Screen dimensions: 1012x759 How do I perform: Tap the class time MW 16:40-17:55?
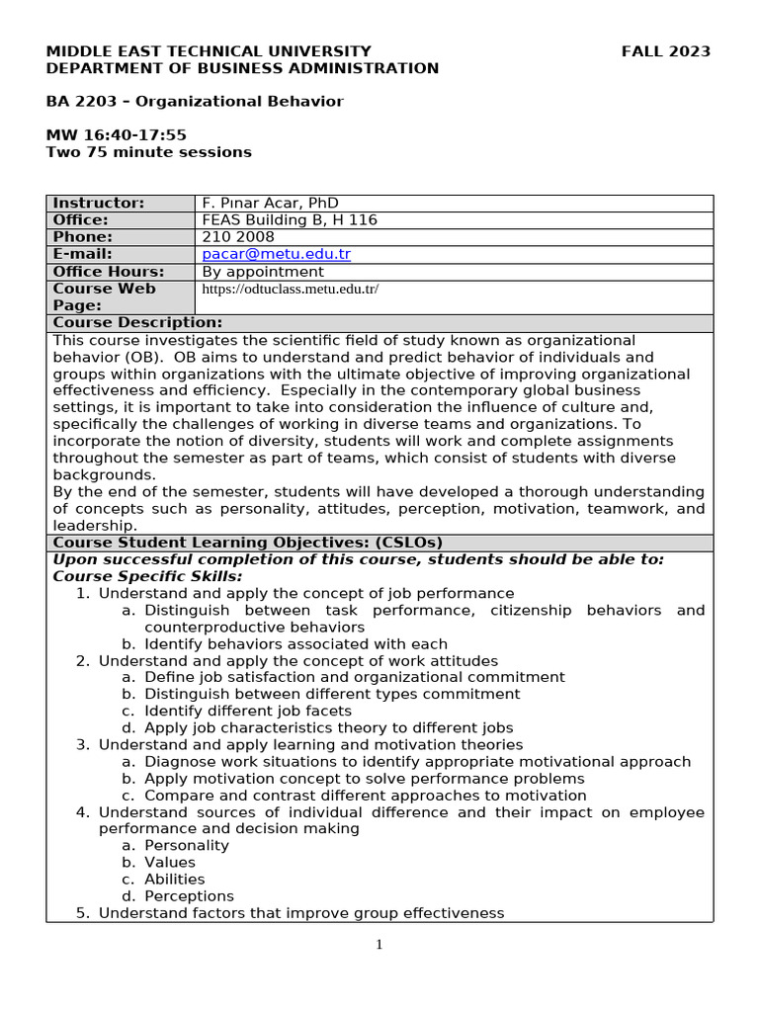tap(117, 135)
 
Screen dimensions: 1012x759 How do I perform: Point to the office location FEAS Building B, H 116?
tap(290, 220)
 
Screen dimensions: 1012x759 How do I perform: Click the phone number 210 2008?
tap(238, 237)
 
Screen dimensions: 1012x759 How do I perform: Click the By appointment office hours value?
tap(263, 272)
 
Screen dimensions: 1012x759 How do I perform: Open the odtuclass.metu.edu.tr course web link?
tap(290, 290)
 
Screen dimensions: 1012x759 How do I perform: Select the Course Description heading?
tap(137, 323)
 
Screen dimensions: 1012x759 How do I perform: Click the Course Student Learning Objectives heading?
tap(247, 543)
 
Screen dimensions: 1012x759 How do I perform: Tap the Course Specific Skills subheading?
tap(147, 576)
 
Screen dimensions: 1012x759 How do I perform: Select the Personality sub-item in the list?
tap(186, 845)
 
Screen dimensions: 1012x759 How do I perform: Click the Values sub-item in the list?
tap(170, 862)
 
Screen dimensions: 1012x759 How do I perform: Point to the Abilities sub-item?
tap(175, 879)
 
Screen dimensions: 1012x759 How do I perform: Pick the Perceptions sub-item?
tap(189, 896)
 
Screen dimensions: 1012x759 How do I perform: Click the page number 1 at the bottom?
tap(379, 945)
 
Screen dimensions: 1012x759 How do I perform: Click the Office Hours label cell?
tap(109, 272)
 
